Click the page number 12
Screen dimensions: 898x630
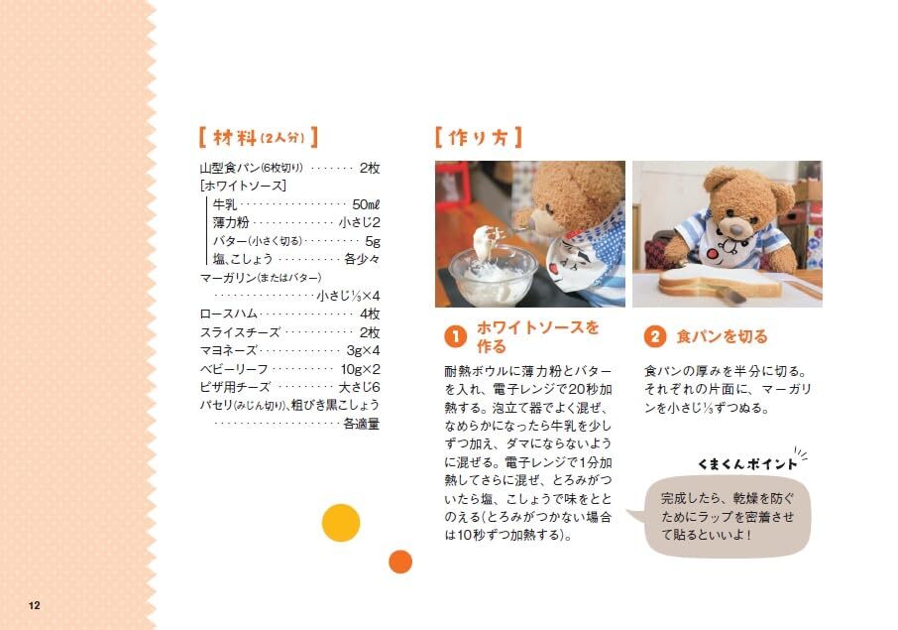(35, 605)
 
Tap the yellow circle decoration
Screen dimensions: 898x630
(341, 523)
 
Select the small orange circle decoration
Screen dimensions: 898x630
(400, 562)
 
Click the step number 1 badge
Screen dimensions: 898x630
(456, 336)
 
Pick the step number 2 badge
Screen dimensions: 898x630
(654, 336)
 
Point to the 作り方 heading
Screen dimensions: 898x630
(478, 138)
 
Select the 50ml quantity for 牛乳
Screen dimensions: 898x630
(366, 204)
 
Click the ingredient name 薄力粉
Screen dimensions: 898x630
(231, 222)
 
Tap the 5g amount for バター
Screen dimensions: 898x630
(373, 241)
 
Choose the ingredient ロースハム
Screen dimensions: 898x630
(228, 315)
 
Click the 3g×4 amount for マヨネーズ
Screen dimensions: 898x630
(363, 350)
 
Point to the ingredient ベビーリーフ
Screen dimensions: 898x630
(234, 369)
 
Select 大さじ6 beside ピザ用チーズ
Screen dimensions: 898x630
(359, 387)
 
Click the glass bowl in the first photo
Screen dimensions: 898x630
(493, 275)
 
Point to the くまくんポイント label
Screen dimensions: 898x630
(747, 463)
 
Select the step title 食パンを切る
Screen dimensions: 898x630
(722, 336)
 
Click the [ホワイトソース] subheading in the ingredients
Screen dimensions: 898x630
(243, 186)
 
